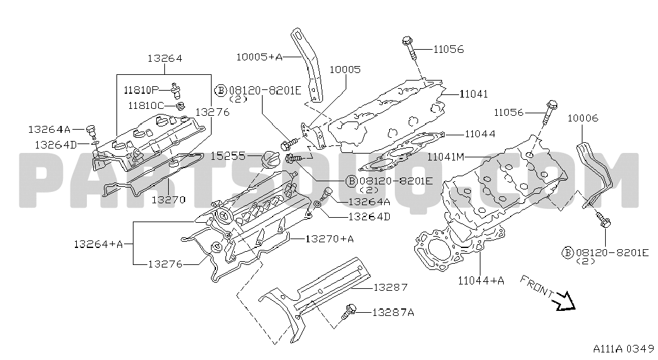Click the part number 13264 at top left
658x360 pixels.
click(164, 59)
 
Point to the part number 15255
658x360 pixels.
click(228, 155)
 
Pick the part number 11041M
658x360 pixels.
click(446, 156)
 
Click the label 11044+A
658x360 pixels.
click(482, 281)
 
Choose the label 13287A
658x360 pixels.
click(393, 312)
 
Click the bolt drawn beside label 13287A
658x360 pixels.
click(349, 310)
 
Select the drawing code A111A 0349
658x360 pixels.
click(623, 349)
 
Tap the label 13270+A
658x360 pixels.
click(329, 239)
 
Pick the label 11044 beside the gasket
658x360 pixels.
click(480, 133)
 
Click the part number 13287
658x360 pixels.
click(390, 287)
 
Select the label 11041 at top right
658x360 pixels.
click(474, 94)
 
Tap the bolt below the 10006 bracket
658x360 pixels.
click(603, 220)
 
